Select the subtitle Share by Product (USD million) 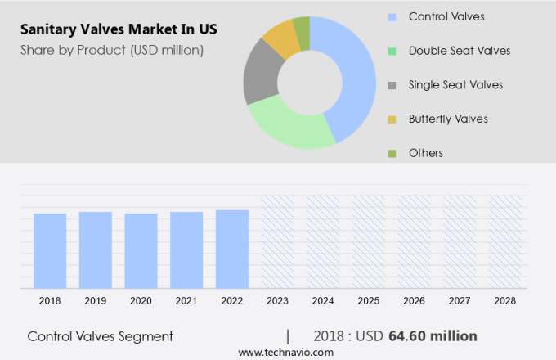112,50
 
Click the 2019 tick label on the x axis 95,301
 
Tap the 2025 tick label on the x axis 368,301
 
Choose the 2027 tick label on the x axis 460,301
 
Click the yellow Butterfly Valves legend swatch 392,119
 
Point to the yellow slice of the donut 281,37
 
